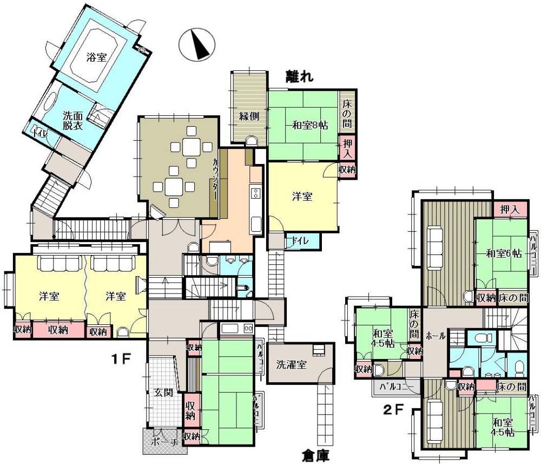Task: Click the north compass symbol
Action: pyautogui.click(x=197, y=45)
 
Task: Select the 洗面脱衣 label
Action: pyautogui.click(x=73, y=120)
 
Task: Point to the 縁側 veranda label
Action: pyautogui.click(x=249, y=116)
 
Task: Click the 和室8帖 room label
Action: pyautogui.click(x=310, y=125)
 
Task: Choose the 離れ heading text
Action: pyautogui.click(x=300, y=76)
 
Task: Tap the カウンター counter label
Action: pyautogui.click(x=215, y=179)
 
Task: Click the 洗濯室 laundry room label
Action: pyautogui.click(x=291, y=364)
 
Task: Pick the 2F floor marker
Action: pyautogui.click(x=394, y=410)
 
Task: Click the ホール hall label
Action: pyautogui.click(x=436, y=336)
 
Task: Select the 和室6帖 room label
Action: pyautogui.click(x=503, y=253)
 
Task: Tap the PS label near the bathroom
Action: pyautogui.click(x=142, y=50)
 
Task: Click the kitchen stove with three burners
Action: pyautogui.click(x=255, y=193)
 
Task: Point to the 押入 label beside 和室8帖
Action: pyautogui.click(x=347, y=148)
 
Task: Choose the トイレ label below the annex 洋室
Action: pyautogui.click(x=299, y=240)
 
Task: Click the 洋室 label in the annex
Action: pyautogui.click(x=302, y=197)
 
